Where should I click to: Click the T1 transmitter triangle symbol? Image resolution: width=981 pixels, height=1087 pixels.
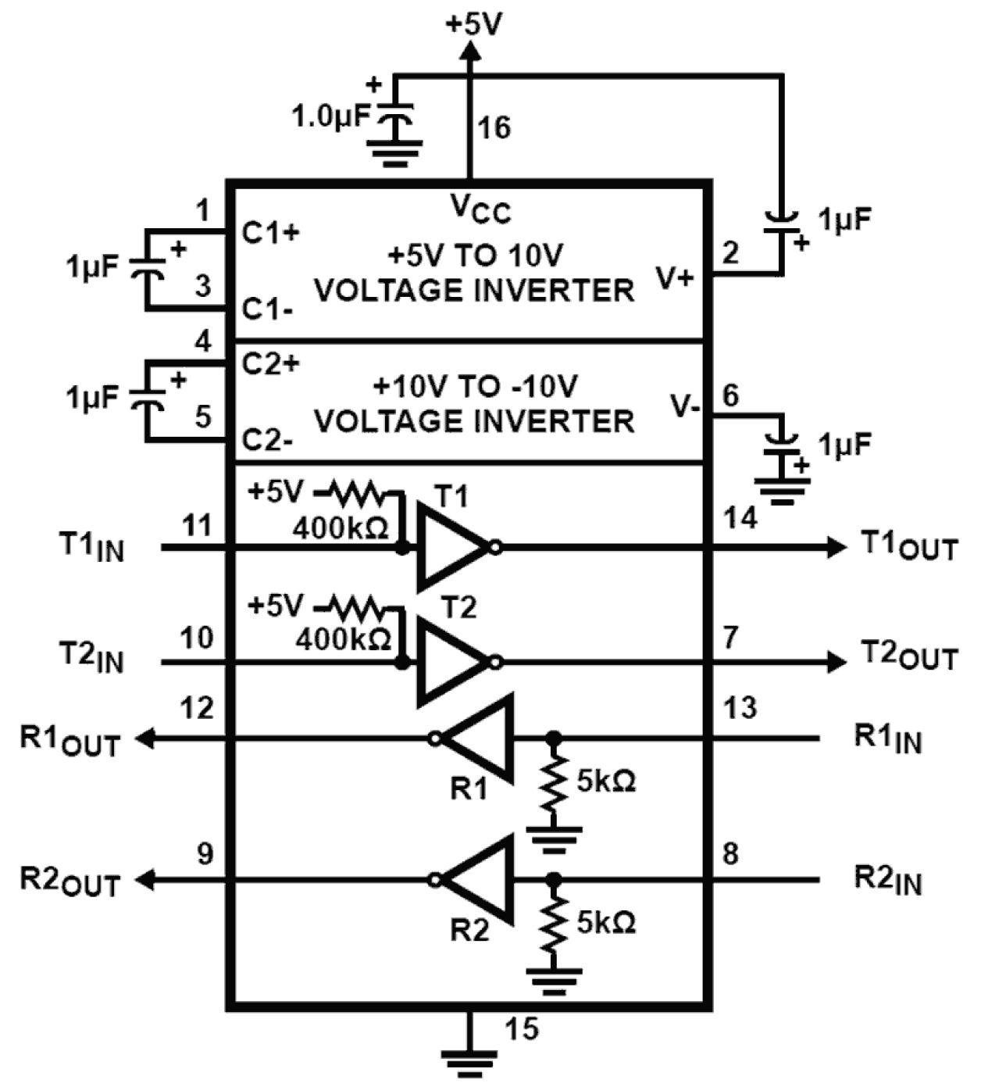451,547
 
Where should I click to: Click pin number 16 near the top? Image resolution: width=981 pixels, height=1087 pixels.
494,127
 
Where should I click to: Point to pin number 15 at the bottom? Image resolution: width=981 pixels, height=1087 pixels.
521,1028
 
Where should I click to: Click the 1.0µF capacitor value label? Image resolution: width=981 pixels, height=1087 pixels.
329,117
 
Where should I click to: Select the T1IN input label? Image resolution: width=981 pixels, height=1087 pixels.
91,546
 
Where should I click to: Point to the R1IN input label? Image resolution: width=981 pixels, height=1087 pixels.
887,738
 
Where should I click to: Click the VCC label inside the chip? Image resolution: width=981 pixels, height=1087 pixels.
480,209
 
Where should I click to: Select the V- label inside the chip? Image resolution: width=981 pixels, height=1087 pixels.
685,406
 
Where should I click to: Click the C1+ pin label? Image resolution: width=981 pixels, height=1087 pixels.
270,233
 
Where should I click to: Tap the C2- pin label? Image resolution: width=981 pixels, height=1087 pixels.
268,441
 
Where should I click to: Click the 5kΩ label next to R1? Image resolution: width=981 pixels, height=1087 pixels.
606,781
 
